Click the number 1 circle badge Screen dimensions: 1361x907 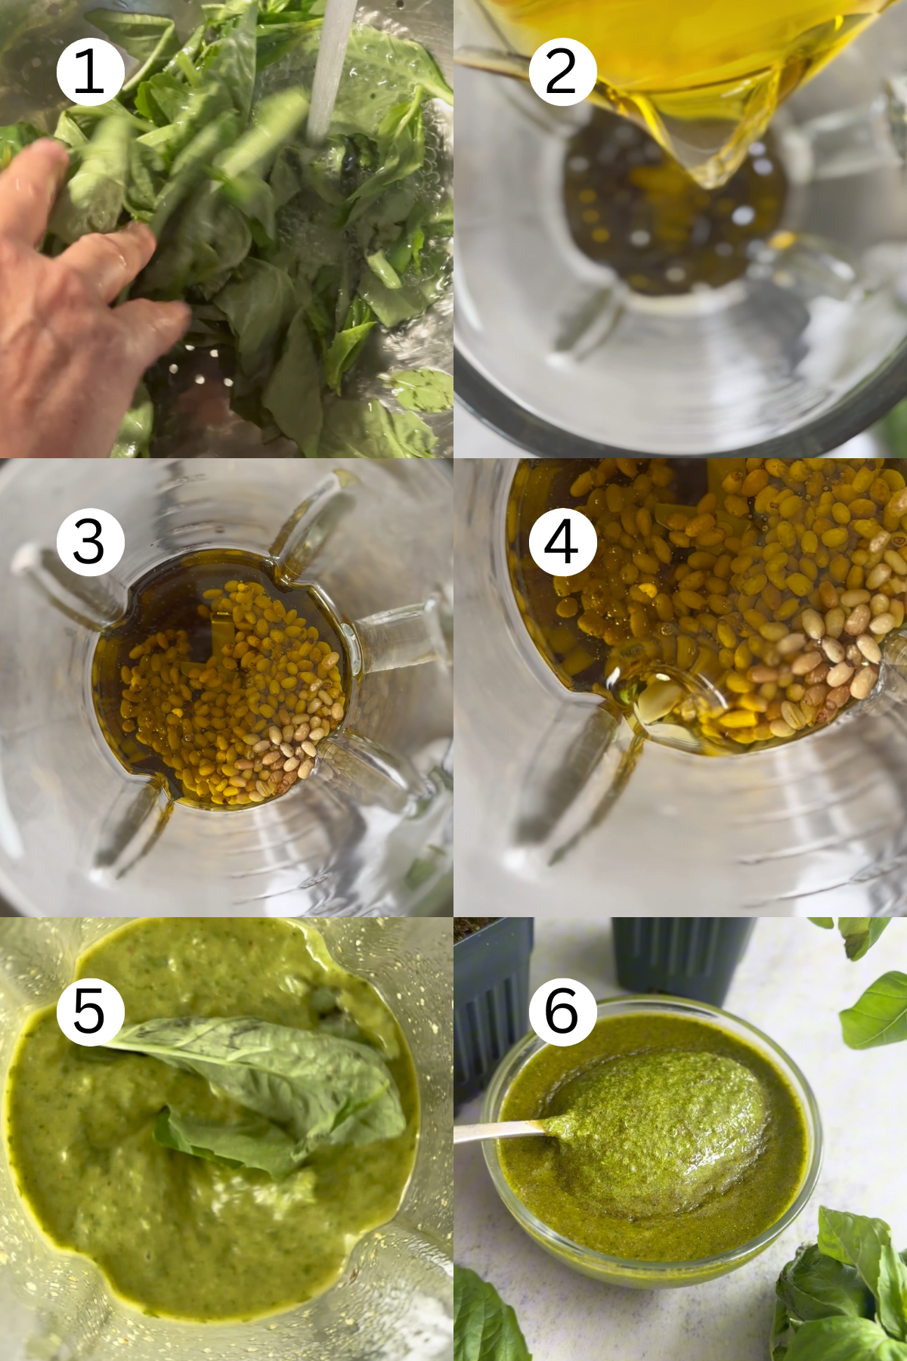[90, 72]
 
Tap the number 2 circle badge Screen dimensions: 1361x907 [562, 72]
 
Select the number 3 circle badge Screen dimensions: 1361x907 [90, 542]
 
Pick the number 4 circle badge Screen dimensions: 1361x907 [562, 542]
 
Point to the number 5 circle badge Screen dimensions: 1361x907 [90, 1012]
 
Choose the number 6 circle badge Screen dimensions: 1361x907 [562, 1012]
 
